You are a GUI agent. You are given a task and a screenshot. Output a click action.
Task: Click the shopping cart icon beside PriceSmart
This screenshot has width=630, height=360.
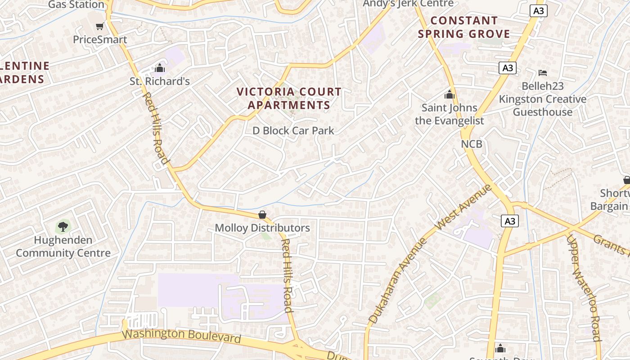pos(99,26)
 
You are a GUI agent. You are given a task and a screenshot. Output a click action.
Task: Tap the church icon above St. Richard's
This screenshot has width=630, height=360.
pos(160,68)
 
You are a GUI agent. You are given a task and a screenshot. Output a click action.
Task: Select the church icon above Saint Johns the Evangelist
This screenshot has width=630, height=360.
pos(449,95)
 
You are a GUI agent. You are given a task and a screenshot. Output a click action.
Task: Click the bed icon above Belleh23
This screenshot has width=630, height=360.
pos(543,72)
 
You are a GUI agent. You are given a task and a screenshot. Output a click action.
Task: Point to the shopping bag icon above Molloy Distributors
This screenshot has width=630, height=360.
pos(262,215)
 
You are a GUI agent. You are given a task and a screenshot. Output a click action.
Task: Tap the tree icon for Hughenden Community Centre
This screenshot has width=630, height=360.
pos(63,226)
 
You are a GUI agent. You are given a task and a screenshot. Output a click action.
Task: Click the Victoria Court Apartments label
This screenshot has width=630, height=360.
pos(289,99)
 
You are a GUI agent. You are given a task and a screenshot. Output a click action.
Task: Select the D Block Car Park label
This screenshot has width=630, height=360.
pos(293,130)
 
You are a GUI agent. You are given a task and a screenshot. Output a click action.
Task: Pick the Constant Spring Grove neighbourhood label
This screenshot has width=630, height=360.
pos(464,27)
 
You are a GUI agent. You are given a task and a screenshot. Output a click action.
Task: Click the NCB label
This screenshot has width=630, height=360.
pos(472,144)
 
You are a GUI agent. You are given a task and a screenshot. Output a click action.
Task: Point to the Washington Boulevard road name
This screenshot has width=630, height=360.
pos(181,336)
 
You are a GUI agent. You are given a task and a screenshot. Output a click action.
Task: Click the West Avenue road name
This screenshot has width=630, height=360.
pos(464,207)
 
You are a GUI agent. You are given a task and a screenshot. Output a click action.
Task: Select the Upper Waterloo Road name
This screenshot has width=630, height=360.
pos(584,288)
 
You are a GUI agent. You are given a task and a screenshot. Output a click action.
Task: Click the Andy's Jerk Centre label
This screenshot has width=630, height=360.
pos(408,4)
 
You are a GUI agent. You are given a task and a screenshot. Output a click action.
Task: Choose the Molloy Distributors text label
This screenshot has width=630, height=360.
pos(262,228)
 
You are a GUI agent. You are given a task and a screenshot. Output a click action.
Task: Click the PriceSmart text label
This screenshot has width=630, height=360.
pos(100,40)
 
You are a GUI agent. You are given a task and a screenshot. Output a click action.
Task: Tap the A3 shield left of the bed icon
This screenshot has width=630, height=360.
pos(508,68)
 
